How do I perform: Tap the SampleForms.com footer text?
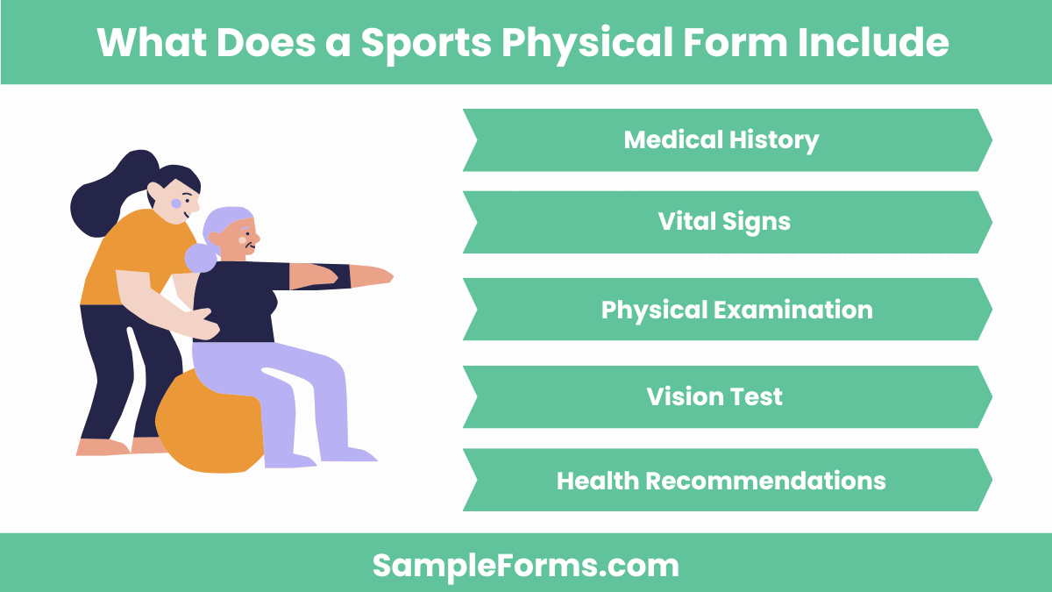(x=526, y=565)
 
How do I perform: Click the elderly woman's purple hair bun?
(x=200, y=258)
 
